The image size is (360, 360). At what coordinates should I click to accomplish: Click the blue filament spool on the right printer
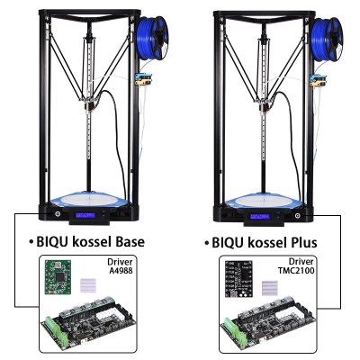click(x=327, y=38)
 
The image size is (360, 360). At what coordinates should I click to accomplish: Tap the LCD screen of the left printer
click(x=85, y=215)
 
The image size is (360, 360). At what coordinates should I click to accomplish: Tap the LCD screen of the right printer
click(x=260, y=216)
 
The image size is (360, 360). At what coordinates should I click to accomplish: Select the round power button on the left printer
click(x=57, y=214)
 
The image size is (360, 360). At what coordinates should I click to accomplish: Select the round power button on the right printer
click(x=297, y=215)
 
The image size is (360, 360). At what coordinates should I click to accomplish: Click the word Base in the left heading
click(x=128, y=241)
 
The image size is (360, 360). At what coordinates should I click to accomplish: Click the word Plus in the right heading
click(x=301, y=242)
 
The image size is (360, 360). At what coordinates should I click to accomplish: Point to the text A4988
click(x=121, y=271)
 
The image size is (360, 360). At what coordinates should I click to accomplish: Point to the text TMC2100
click(x=296, y=270)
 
